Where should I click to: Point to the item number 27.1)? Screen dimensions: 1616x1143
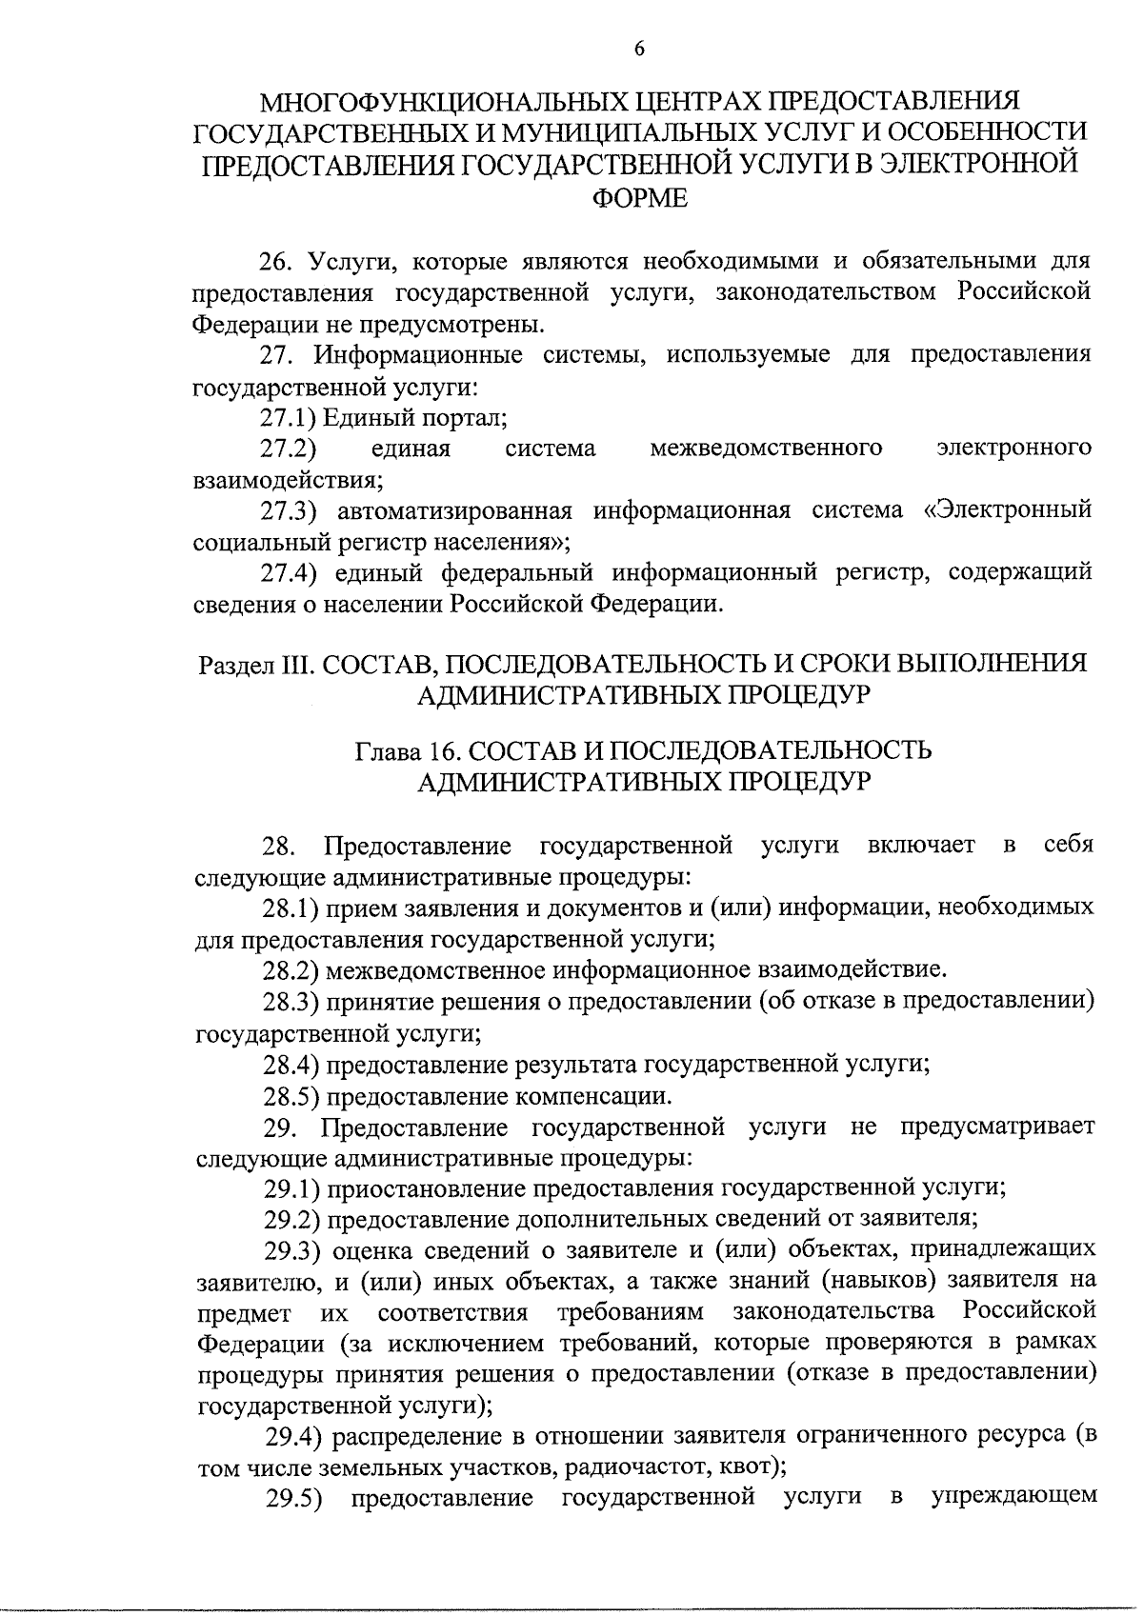coord(289,418)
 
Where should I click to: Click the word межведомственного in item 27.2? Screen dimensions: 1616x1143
coord(766,448)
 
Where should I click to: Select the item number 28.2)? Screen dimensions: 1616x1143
coord(291,970)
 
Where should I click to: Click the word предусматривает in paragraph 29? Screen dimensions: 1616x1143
coord(996,1127)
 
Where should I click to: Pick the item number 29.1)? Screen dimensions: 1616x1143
coord(291,1188)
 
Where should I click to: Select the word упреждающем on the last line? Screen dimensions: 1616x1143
coord(1013,1499)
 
